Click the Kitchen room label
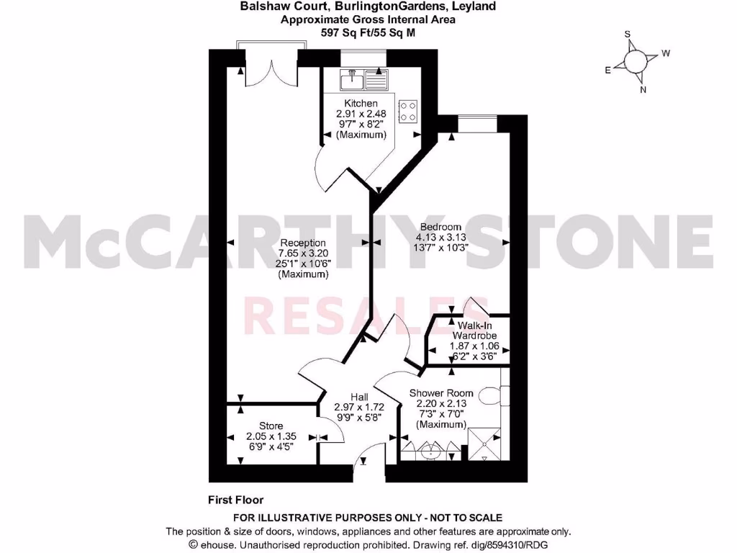click(361, 104)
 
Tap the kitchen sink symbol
click(366, 76)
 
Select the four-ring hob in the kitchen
click(408, 109)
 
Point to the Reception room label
click(303, 243)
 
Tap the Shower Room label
click(441, 393)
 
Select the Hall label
click(360, 397)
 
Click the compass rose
click(636, 62)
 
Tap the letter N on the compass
click(643, 90)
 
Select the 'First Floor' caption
click(235, 500)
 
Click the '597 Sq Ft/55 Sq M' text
click(368, 32)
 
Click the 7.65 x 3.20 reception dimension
click(303, 253)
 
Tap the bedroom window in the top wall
click(476, 123)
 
